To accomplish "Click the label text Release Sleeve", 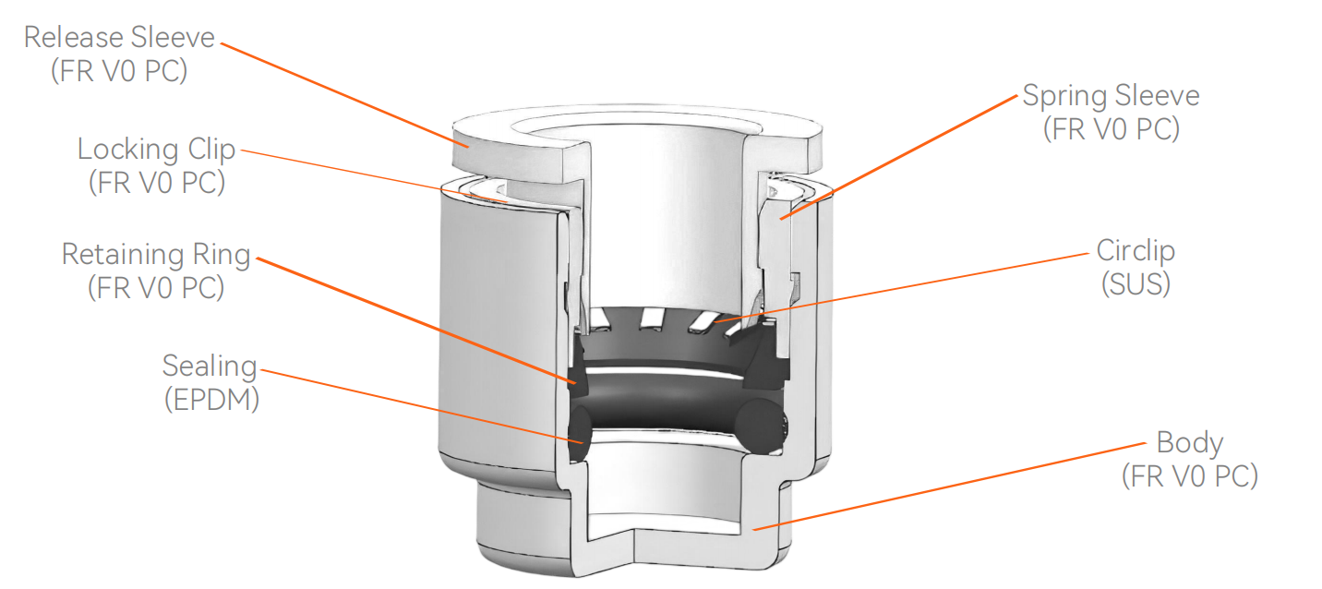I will pyautogui.click(x=119, y=39).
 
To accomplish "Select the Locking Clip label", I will pyautogui.click(x=156, y=150).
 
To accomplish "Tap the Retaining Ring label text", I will pyautogui.click(x=156, y=254).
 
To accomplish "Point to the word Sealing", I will pyautogui.click(x=209, y=366).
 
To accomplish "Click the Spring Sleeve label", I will pyautogui.click(x=1111, y=96).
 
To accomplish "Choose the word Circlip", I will pyautogui.click(x=1136, y=250).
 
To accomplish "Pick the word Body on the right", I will pyautogui.click(x=1189, y=442).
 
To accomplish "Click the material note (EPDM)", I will pyautogui.click(x=210, y=400).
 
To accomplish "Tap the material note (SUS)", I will pyautogui.click(x=1136, y=284).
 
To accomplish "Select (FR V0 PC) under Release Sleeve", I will pyautogui.click(x=119, y=72).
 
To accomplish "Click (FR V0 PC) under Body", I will pyautogui.click(x=1189, y=476).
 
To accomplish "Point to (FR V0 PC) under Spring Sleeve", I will pyautogui.click(x=1111, y=129).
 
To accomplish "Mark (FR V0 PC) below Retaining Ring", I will pyautogui.click(x=156, y=287).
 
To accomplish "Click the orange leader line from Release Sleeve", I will pyautogui.click(x=342, y=93).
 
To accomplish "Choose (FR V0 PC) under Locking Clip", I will pyautogui.click(x=156, y=183).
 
